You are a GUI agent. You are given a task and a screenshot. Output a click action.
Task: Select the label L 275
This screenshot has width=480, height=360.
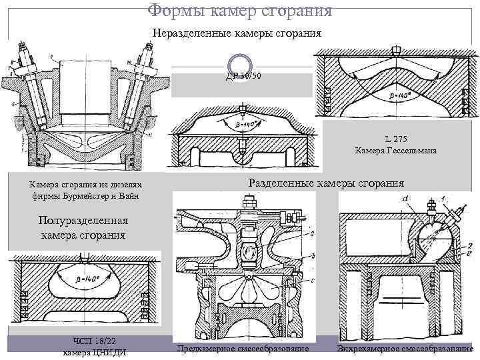coord(396,139)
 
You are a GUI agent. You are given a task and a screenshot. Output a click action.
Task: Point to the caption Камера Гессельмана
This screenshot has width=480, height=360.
coord(396,151)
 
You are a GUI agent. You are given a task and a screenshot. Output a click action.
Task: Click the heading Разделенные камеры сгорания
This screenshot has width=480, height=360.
coord(326,183)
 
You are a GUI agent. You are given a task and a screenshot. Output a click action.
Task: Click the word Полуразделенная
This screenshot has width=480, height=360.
coord(83,222)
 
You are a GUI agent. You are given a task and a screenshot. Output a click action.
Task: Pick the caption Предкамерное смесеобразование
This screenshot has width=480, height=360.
coord(243,349)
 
